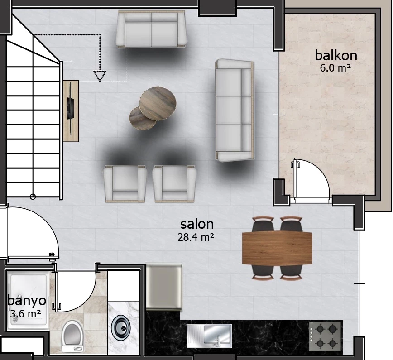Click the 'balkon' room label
(x=336, y=55)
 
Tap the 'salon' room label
(x=197, y=224)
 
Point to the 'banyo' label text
(x=27, y=301)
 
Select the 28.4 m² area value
(x=196, y=237)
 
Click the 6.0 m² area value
(x=335, y=67)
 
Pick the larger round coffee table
(x=158, y=104)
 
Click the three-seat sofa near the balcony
(x=235, y=110)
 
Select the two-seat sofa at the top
(x=151, y=29)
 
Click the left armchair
(x=125, y=184)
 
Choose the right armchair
(x=174, y=184)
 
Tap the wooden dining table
(x=277, y=248)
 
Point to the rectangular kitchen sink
(x=209, y=336)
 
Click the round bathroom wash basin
(x=121, y=327)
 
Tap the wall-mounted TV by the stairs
(x=70, y=110)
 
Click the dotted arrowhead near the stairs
(x=100, y=76)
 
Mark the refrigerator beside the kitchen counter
(x=164, y=286)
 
